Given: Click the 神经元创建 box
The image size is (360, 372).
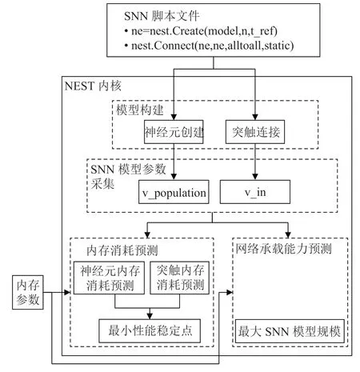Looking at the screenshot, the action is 174,132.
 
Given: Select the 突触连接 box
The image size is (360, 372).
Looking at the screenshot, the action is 255,132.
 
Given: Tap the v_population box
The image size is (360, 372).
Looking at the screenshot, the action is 174,192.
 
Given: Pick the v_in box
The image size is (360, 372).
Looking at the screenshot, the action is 255,192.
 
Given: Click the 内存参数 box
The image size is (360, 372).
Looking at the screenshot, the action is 28,293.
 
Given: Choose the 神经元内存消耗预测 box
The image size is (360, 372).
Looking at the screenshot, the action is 109,278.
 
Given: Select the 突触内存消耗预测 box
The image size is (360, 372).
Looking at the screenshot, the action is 179,278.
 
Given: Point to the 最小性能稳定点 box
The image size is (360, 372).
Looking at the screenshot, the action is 150,331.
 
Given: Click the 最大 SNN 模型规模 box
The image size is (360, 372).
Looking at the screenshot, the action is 290,331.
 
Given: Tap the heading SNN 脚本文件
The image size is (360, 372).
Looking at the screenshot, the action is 162,16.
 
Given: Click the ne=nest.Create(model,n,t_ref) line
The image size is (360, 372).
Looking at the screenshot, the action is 201,31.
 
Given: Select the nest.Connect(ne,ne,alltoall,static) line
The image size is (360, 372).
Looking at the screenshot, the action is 209,46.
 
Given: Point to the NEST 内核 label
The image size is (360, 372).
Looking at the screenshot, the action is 93,86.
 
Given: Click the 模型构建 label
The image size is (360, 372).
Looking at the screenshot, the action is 140,110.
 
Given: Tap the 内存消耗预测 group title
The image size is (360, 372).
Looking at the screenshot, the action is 122,250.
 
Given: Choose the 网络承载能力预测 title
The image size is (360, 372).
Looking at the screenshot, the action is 283,249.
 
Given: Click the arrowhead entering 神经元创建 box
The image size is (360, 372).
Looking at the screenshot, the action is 174,118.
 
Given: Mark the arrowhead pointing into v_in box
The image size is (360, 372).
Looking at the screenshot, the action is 255,177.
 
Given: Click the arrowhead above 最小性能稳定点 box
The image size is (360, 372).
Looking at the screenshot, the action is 150,316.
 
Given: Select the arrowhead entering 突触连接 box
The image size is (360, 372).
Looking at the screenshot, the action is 255,118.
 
